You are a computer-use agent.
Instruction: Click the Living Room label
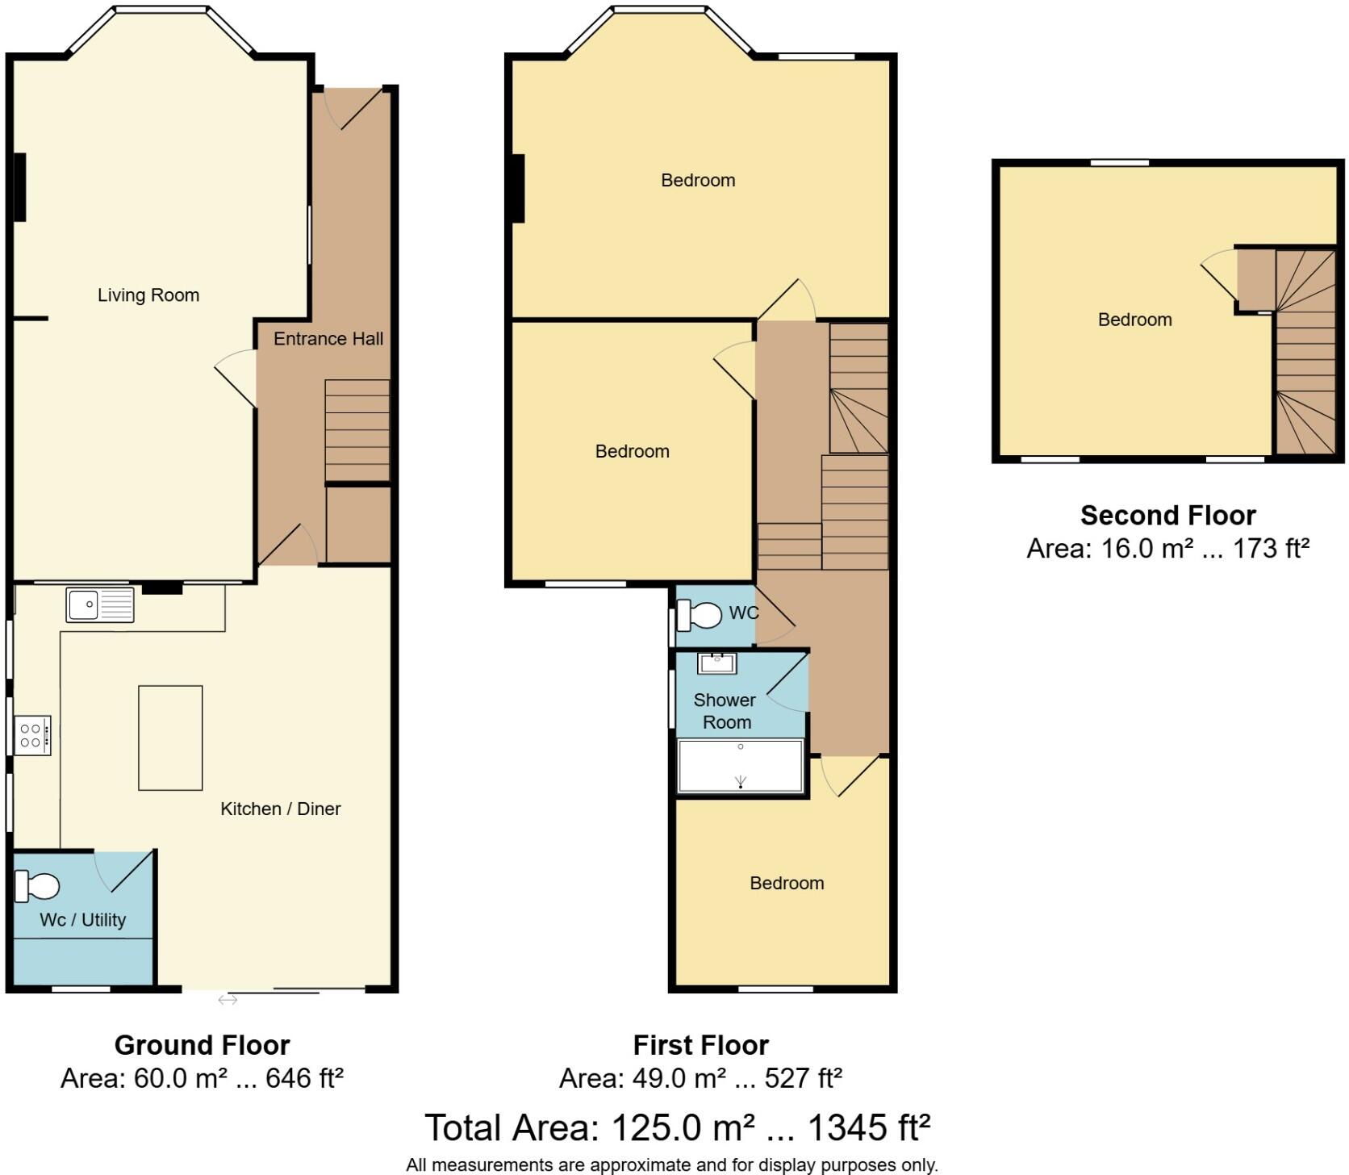pos(148,295)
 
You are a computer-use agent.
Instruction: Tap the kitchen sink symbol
pos(100,605)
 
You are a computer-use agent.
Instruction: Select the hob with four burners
pos(33,735)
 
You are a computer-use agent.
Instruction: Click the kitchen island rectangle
pos(170,738)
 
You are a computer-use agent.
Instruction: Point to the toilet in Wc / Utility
pos(38,887)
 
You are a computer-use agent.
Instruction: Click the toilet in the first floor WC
pos(700,616)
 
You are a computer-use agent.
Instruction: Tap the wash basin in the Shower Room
pos(716,663)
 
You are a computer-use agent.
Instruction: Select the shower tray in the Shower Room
pos(741,767)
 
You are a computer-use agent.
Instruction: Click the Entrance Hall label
pos(328,339)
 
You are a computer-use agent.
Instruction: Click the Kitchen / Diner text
pos(281,809)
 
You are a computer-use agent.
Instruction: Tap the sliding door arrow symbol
pos(228,1000)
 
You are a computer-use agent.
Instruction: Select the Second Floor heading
pos(1167,515)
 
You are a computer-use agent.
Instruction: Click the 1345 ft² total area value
pos(868,1127)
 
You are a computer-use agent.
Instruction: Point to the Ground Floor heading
pos(202,1045)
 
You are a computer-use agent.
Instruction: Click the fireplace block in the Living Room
pos(19,186)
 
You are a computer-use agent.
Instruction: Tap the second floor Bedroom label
pos(1134,320)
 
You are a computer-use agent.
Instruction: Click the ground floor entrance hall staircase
pos(357,430)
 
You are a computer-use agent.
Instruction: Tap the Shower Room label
pos(725,711)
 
